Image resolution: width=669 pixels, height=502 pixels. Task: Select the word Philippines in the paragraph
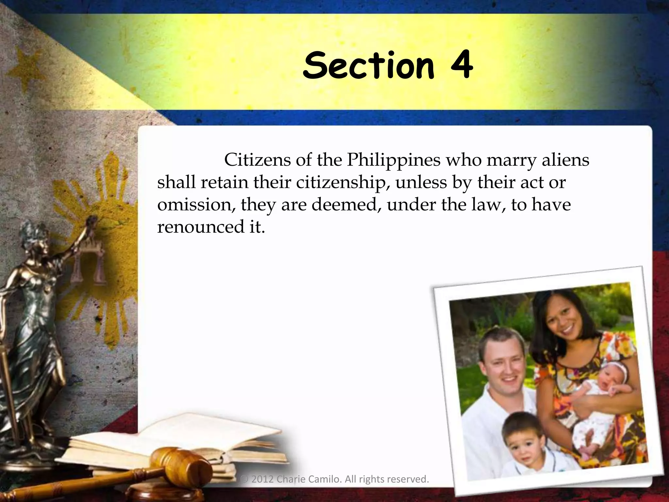point(393,160)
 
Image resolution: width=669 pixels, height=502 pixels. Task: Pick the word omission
point(196,205)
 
